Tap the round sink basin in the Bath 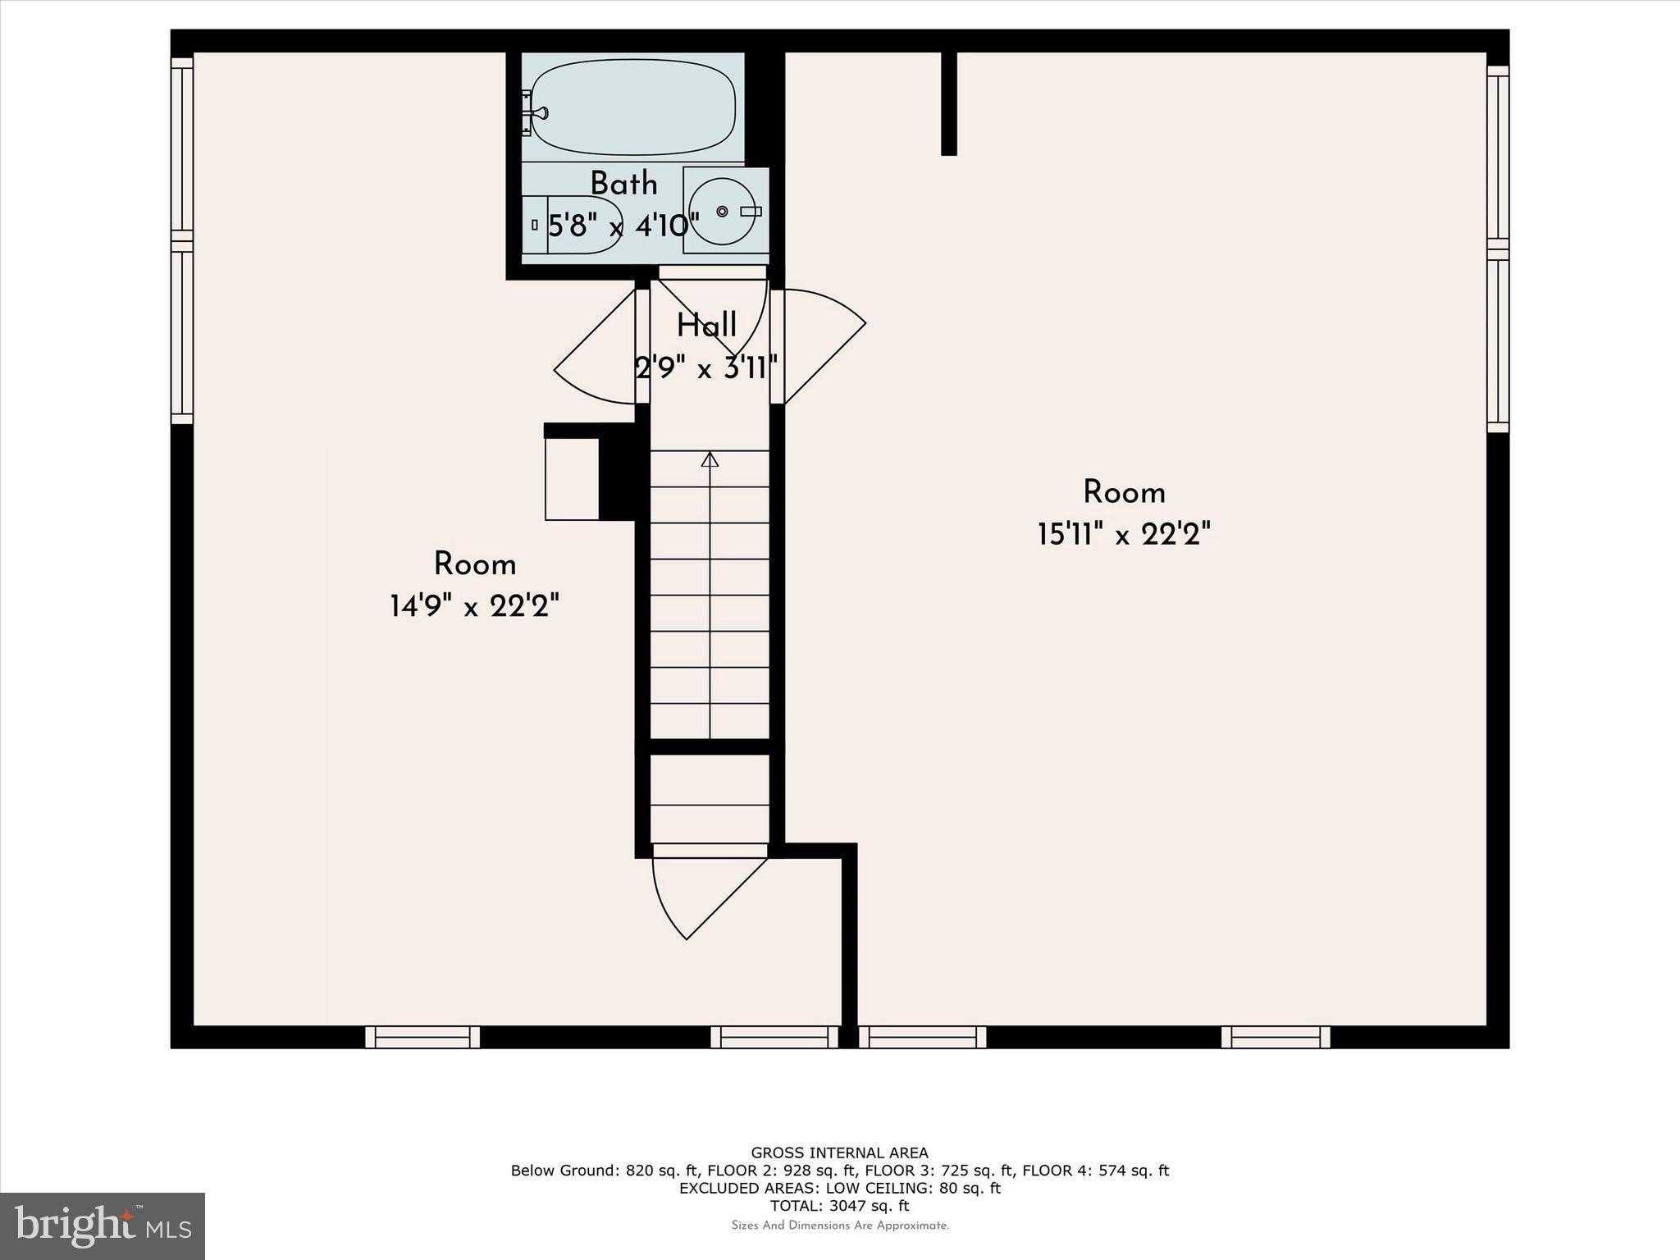coord(721,212)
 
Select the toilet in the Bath coord(574,224)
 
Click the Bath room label coord(623,184)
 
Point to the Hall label coord(706,326)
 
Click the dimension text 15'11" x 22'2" coord(1124,535)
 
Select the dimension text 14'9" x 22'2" coord(474,607)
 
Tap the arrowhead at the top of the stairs coord(710,459)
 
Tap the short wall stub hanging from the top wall coord(948,103)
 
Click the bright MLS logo coord(102,1226)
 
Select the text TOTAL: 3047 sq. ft coord(839,1206)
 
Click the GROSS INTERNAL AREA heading coord(839,1153)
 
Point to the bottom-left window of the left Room coord(422,1037)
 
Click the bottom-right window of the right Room coord(1276,1037)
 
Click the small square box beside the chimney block coord(572,478)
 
